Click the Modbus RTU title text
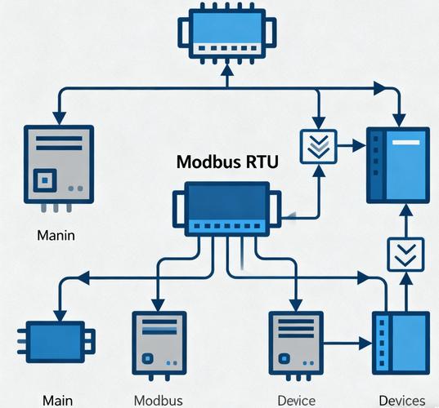(x=226, y=162)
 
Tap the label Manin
(x=56, y=236)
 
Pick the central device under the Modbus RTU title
(x=226, y=207)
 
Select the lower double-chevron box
(x=404, y=255)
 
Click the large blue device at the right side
(x=396, y=164)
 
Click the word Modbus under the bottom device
(x=157, y=400)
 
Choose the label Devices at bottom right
(x=401, y=400)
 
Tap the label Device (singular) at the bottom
(x=296, y=400)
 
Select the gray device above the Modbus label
(x=156, y=343)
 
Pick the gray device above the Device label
(x=295, y=343)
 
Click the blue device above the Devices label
(x=400, y=344)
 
